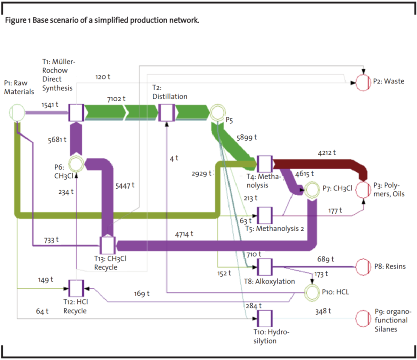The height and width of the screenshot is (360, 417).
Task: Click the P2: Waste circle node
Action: click(363, 82)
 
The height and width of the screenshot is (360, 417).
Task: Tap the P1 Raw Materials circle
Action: click(17, 113)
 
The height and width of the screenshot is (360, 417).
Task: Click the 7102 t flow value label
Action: click(116, 99)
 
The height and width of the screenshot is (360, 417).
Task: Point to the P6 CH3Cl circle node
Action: click(77, 163)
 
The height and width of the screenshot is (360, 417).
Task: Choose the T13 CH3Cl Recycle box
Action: click(108, 245)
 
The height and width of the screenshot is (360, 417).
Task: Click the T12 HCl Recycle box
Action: click(76, 288)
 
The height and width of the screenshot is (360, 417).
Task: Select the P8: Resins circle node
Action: click(363, 267)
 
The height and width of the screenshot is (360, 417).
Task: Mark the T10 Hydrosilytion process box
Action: click(265, 317)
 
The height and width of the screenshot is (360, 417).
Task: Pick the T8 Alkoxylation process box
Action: click(265, 267)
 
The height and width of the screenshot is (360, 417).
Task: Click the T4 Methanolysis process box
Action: click(265, 164)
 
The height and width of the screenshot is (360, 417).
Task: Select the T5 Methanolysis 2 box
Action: click(265, 215)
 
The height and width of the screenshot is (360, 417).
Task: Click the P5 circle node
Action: click(216, 113)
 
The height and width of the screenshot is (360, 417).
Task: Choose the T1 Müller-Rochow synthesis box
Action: click(76, 113)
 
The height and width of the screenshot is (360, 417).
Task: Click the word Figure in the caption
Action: click(15, 20)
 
